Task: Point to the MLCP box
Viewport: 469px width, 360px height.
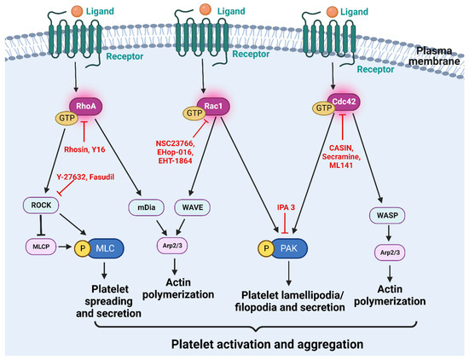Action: point(43,248)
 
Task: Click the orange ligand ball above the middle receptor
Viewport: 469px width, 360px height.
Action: point(229,12)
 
